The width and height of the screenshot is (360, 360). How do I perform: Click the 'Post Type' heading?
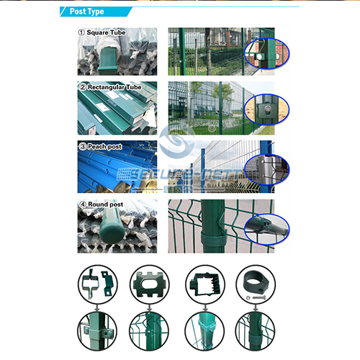[x=87, y=12]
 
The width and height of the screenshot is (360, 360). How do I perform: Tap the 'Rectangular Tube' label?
[x=114, y=87]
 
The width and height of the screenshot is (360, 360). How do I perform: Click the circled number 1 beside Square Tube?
[x=81, y=33]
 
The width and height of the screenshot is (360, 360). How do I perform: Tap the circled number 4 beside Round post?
[x=81, y=204]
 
